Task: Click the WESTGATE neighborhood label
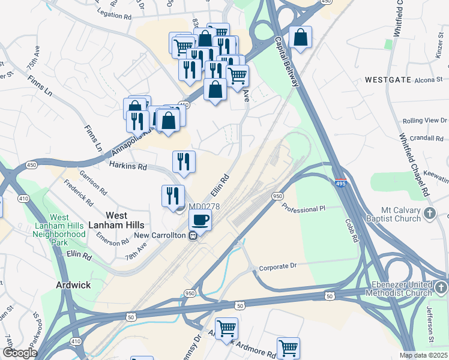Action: click(388, 79)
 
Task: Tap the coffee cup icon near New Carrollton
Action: click(200, 220)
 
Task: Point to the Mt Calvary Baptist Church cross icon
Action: click(430, 213)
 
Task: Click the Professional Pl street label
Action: click(304, 209)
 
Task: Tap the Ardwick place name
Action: click(73, 285)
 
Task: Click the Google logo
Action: click(19, 353)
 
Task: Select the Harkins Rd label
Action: click(128, 166)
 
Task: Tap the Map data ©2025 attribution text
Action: click(423, 355)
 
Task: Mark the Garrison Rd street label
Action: click(94, 182)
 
